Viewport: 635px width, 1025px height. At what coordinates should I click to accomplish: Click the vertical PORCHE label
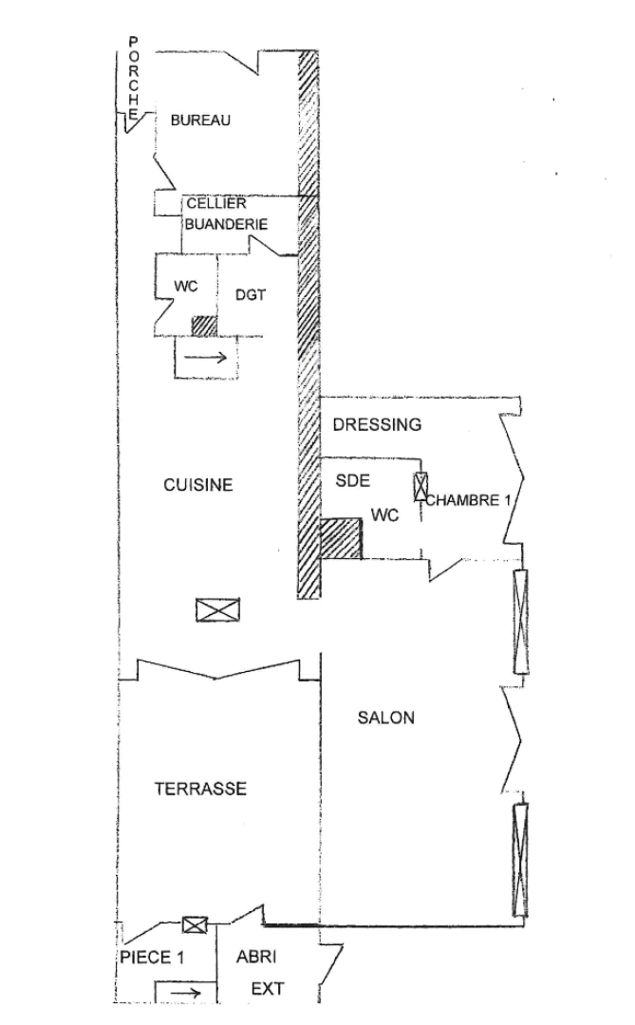point(134,79)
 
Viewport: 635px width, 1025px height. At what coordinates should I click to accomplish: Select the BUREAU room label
point(200,121)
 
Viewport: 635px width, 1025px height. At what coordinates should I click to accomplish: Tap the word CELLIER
point(216,204)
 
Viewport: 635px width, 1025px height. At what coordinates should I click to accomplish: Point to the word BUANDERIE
point(225,225)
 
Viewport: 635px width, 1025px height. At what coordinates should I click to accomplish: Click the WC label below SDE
point(384,515)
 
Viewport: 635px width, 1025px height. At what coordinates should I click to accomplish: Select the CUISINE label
point(198,485)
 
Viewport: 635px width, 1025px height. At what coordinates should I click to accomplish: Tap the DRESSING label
point(377,425)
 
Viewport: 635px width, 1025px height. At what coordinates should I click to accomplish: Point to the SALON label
point(385,717)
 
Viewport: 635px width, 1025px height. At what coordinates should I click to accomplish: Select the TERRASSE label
point(200,789)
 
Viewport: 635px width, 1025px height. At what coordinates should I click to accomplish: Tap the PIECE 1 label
point(151,958)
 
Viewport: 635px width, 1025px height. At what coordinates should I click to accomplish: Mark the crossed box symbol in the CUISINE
point(218,610)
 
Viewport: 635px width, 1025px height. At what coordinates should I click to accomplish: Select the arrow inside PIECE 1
point(184,993)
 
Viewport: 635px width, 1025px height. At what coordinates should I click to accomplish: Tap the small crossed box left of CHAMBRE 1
point(420,487)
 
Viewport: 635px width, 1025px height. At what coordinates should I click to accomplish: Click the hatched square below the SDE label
point(341,538)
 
